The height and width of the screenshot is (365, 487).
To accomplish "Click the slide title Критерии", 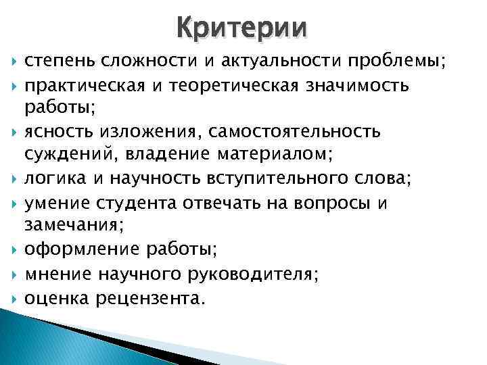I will (x=242, y=28).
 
